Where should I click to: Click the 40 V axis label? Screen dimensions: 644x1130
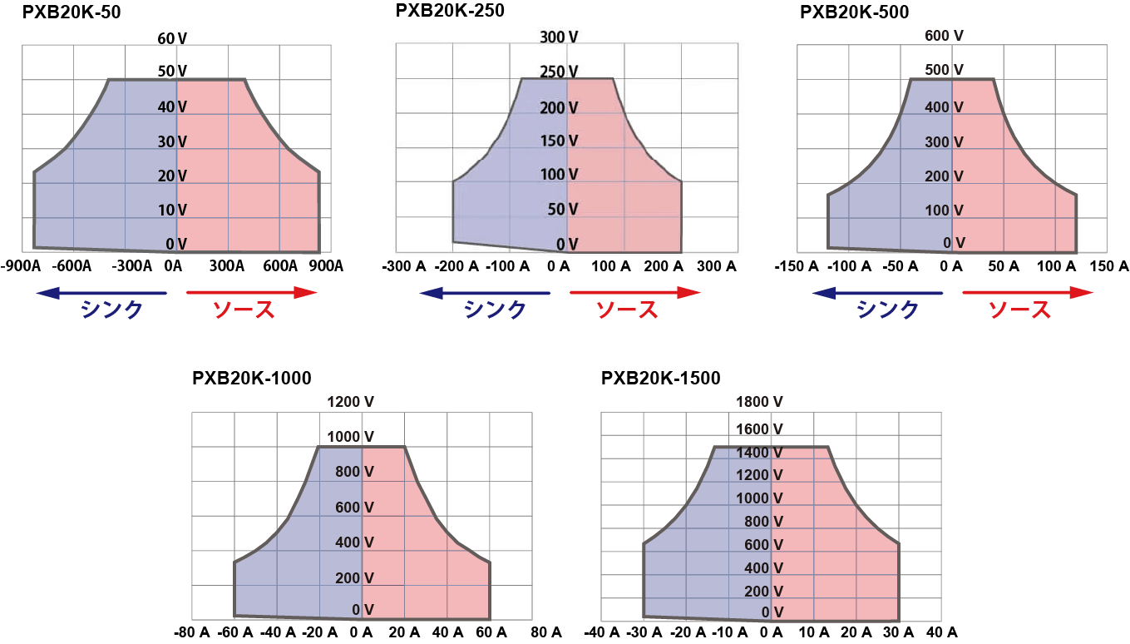[x=171, y=107]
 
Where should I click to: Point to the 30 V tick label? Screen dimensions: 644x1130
[x=171, y=141]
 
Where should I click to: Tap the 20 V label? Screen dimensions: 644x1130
[x=171, y=176]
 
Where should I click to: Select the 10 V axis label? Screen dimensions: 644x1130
[x=171, y=210]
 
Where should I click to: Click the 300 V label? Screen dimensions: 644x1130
[x=559, y=37]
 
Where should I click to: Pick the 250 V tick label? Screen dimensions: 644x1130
[x=559, y=72]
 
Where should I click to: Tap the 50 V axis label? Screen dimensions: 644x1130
[x=562, y=209]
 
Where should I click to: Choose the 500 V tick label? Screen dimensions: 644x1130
[x=945, y=70]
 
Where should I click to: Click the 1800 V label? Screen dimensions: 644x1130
[x=759, y=402]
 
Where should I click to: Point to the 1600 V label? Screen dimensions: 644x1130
[x=759, y=429]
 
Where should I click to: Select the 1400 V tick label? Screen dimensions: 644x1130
[x=759, y=453]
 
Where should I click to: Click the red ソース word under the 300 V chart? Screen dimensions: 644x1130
[x=627, y=310]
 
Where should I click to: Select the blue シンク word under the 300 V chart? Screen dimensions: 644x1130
[x=496, y=310]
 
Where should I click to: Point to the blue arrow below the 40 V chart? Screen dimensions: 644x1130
[x=101, y=293]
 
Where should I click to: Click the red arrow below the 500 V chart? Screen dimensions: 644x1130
[x=1028, y=293]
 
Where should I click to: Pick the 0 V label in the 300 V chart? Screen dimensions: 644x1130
[x=566, y=244]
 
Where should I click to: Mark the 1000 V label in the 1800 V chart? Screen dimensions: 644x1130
[x=759, y=498]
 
